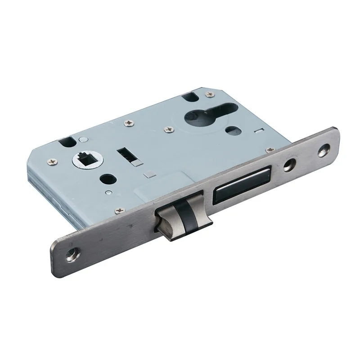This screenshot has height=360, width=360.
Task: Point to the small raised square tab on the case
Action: tap(149, 173)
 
